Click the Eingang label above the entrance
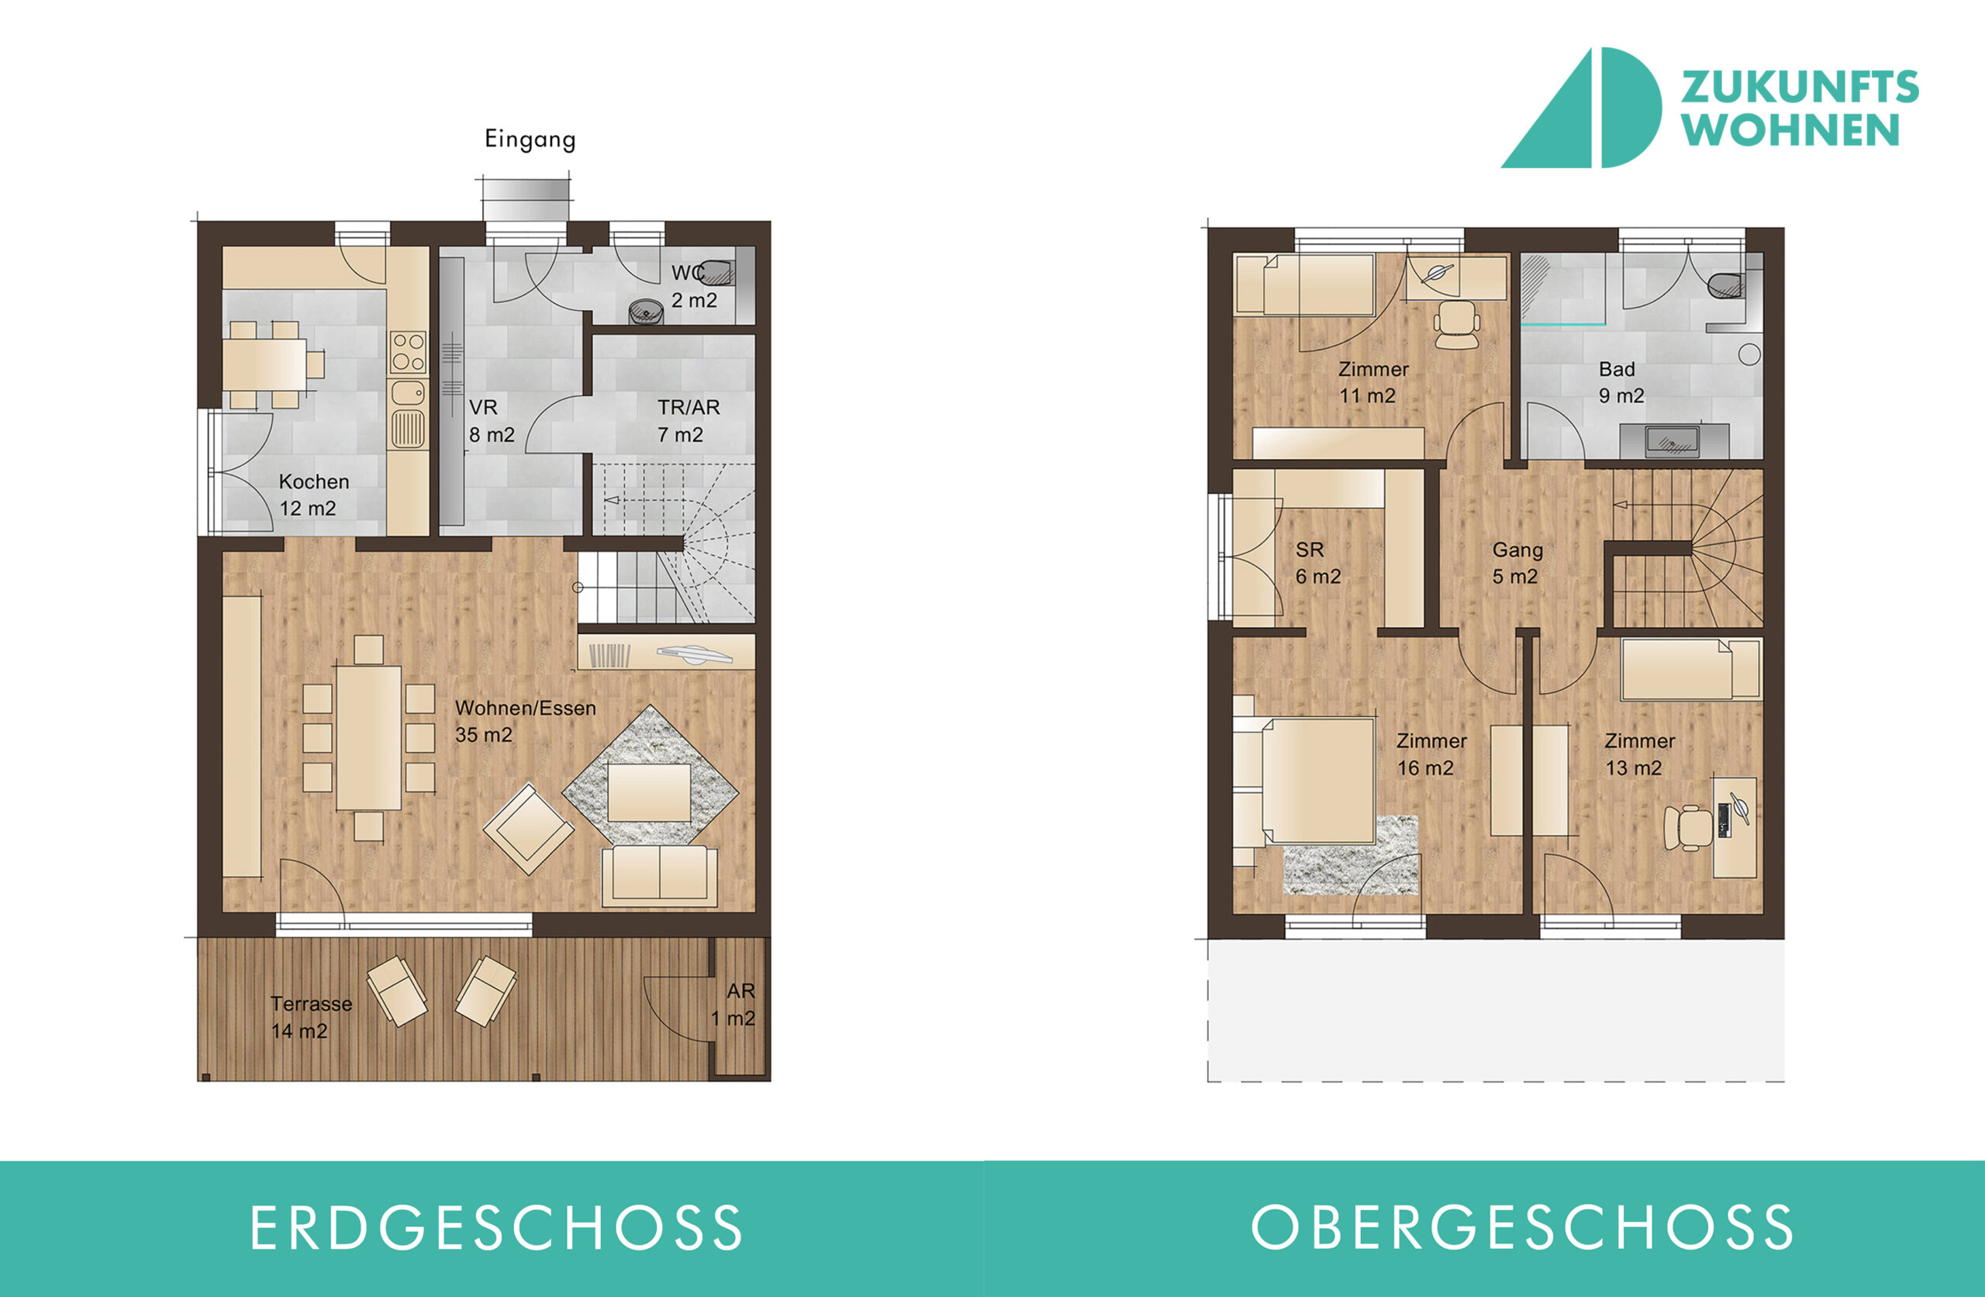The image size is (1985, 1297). click(x=530, y=139)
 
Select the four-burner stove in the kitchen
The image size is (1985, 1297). click(x=409, y=352)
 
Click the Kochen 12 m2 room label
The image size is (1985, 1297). click(x=313, y=495)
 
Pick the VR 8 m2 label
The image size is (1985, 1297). click(x=492, y=420)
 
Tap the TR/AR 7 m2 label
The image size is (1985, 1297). click(x=688, y=420)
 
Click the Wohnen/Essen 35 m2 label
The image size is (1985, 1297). click(x=526, y=721)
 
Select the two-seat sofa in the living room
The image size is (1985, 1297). click(x=660, y=875)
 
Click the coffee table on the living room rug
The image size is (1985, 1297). click(x=650, y=792)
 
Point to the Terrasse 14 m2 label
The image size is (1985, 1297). click(x=311, y=1017)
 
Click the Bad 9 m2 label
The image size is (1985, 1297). click(x=1621, y=382)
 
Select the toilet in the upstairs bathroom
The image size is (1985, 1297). click(x=1724, y=285)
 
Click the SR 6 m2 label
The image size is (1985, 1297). click(x=1317, y=563)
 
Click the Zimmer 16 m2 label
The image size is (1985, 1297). click(x=1431, y=754)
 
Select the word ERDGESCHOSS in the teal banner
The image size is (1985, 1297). click(x=496, y=1228)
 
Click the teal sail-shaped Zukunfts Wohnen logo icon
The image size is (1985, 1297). click(x=1581, y=109)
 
